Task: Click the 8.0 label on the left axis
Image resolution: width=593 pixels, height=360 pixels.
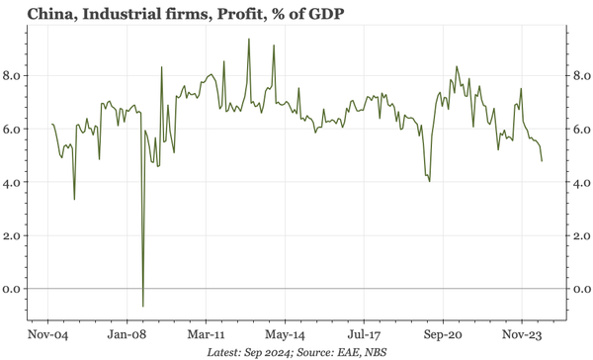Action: point(15,75)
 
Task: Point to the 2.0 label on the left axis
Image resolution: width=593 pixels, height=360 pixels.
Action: point(15,235)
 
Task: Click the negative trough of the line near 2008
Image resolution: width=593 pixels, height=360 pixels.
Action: point(143,306)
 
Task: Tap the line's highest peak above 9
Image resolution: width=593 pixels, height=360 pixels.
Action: point(248,39)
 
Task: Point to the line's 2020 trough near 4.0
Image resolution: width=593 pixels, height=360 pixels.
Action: point(429,181)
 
